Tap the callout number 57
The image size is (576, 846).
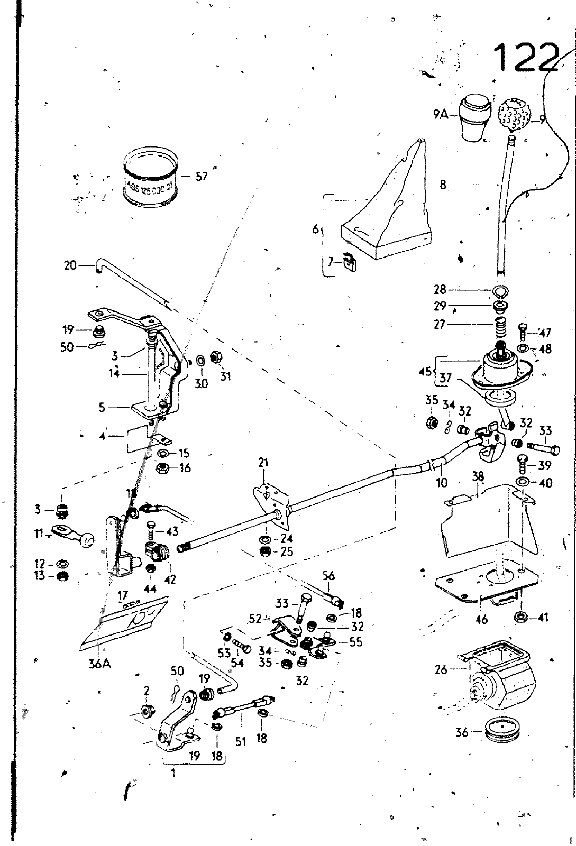click(202, 177)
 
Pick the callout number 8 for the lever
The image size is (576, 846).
click(443, 185)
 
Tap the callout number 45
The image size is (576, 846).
click(425, 372)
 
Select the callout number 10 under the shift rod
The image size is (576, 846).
click(442, 482)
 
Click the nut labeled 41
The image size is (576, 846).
click(520, 617)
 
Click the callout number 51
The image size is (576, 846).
click(241, 742)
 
